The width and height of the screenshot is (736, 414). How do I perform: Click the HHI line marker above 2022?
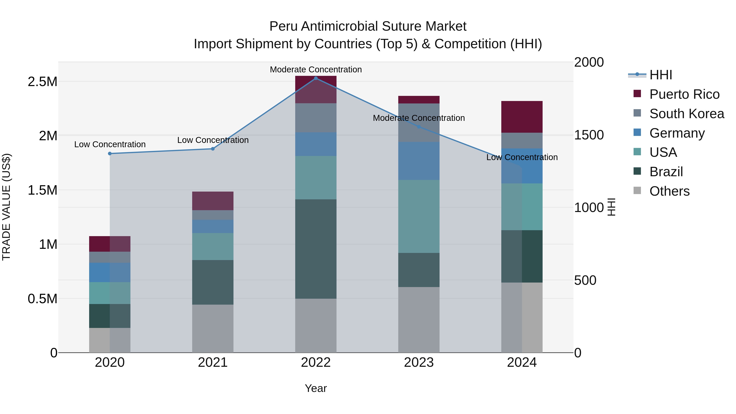(316, 78)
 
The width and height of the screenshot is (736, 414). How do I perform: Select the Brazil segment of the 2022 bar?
(316, 249)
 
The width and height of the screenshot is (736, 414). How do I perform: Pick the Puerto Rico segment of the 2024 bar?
(522, 117)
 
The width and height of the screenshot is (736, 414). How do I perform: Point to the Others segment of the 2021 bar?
(213, 329)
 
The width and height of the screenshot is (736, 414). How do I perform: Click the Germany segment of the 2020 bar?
(110, 273)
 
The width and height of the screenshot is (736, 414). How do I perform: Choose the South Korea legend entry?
(687, 114)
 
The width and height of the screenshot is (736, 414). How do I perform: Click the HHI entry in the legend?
(661, 75)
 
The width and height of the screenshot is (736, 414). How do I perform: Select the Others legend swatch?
(637, 191)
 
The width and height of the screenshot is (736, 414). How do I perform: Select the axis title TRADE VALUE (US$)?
(7, 207)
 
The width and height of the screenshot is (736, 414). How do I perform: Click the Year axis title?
(316, 388)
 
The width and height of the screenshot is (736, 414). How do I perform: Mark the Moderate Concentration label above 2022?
(316, 70)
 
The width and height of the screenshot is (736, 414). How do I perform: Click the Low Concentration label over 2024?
(522, 157)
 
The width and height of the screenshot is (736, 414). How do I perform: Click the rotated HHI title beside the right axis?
(611, 207)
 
